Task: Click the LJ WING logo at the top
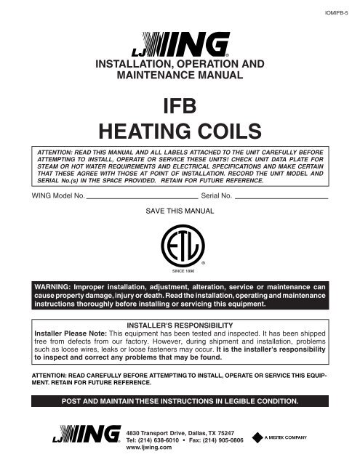180,49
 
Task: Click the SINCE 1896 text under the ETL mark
180,271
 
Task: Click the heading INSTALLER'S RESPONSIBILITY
180,324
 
